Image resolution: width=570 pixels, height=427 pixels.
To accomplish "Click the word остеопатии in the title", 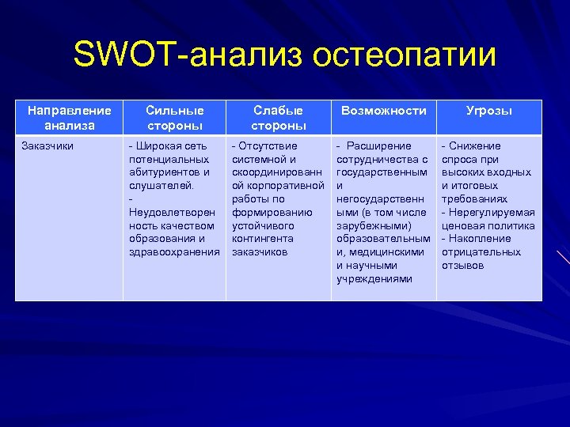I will pyautogui.click(x=405, y=56).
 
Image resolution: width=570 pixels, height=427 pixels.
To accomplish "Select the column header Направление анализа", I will pyautogui.click(x=68, y=118).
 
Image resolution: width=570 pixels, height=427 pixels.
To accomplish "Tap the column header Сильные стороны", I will pyautogui.click(x=174, y=118).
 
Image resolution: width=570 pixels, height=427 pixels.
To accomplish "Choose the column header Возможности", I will pyautogui.click(x=383, y=111).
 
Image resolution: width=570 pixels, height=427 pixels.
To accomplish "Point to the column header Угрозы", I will pyautogui.click(x=488, y=111).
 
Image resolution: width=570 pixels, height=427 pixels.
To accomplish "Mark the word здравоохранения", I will pyautogui.click(x=174, y=252).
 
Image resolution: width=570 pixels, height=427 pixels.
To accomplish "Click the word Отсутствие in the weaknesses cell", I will pyautogui.click(x=268, y=146).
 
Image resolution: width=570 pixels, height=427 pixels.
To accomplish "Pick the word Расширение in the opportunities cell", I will pyautogui.click(x=378, y=146).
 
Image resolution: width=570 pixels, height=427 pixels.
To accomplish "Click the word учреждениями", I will pyautogui.click(x=374, y=279).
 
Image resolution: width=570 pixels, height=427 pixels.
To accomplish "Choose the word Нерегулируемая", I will pyautogui.click(x=492, y=213).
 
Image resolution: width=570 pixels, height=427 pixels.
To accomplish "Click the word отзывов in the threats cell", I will pyautogui.click(x=462, y=266).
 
